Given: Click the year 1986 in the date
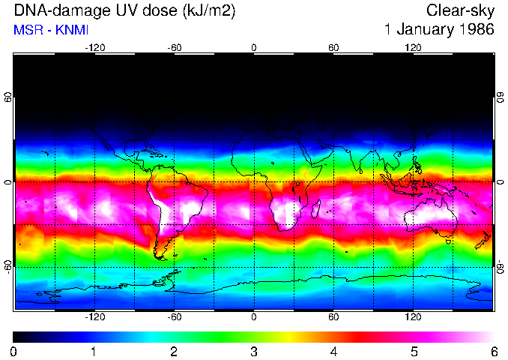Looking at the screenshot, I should point(476,30).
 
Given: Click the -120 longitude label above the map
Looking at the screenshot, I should point(94,47).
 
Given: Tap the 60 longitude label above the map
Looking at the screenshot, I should point(334,47).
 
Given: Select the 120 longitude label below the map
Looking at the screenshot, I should point(414,316).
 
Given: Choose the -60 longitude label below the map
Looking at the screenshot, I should point(174,316).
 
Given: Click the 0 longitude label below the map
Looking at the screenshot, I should point(254,316).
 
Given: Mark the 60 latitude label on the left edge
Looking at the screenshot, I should point(8,100).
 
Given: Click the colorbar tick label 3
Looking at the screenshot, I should point(253,351).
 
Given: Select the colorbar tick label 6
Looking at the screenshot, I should point(493,351).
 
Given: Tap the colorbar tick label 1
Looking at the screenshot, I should point(94,351).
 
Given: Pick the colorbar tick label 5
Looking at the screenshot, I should point(413,351).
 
